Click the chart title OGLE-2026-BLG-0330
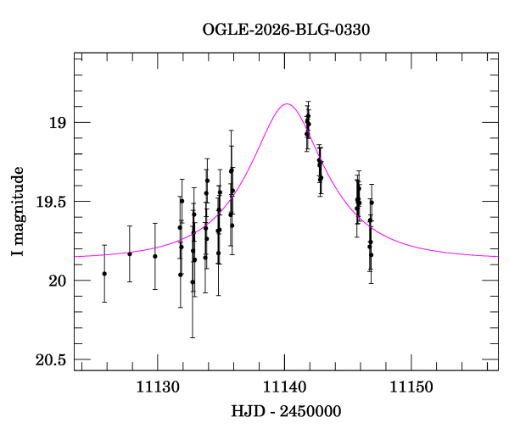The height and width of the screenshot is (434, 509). [286, 30]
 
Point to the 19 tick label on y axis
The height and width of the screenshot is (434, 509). [57, 123]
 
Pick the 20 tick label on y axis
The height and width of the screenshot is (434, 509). [57, 281]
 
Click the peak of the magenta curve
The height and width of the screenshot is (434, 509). [287, 104]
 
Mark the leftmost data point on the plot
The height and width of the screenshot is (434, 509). [104, 273]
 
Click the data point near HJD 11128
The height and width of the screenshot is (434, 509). [130, 253]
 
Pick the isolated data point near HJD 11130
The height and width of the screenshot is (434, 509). [154, 256]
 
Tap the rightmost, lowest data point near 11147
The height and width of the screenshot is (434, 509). [371, 254]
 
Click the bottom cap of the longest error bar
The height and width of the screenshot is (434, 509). [193, 337]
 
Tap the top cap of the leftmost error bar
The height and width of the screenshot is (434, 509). [104, 245]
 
